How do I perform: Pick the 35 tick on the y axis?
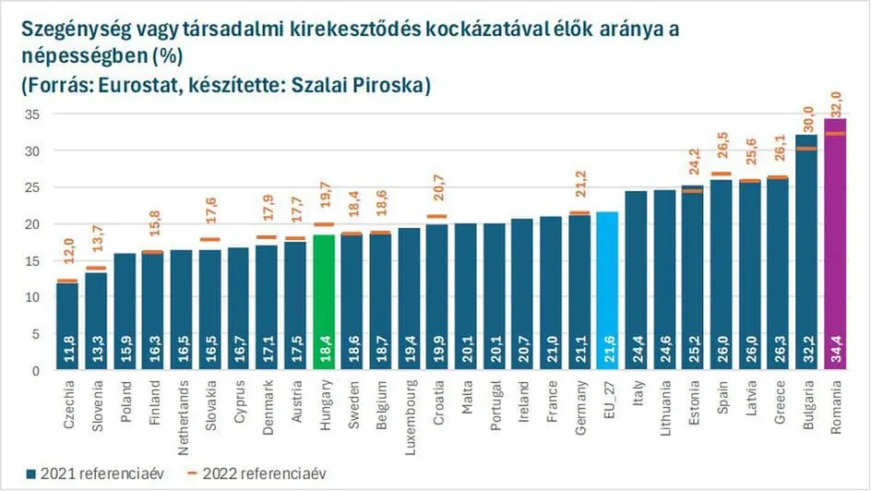(32, 114)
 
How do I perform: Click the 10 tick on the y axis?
(32, 297)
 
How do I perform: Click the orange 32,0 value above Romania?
(836, 102)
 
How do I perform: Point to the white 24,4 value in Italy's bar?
(637, 355)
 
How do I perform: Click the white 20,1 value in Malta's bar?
(467, 355)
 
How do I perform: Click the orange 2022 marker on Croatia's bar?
(437, 217)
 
